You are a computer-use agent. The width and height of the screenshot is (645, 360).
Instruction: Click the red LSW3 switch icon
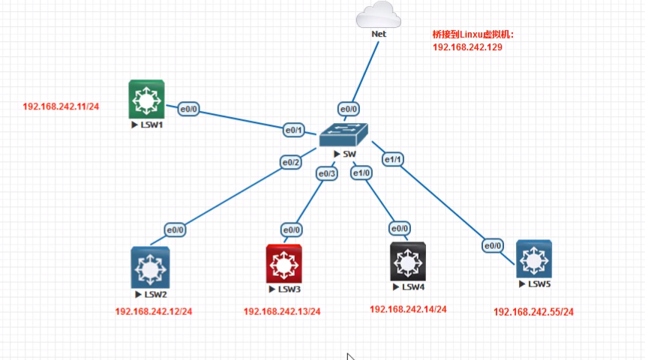point(283,262)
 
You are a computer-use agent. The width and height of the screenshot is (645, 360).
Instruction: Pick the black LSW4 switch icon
point(408,261)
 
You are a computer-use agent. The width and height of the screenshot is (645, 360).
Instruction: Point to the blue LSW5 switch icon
point(533,259)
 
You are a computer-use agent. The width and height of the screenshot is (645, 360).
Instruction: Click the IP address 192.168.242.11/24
point(61,107)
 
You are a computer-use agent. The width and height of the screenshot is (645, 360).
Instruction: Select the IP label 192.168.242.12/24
point(154,311)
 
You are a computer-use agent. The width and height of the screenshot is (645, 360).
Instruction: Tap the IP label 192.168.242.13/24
point(282,311)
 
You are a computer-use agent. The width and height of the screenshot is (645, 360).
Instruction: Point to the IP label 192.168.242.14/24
point(408,309)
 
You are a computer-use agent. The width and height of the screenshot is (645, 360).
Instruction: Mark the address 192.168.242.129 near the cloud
point(467,46)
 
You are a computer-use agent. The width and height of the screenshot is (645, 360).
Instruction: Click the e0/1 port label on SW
point(292,130)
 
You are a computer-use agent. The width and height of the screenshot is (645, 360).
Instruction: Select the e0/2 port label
point(290,162)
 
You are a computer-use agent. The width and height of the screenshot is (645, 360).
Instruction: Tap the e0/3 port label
point(327,174)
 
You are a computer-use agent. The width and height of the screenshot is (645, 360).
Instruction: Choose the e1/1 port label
point(394,159)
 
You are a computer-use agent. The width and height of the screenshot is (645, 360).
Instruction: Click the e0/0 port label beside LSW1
point(187,109)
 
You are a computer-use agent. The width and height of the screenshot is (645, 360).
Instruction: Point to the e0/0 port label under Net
point(348,108)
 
